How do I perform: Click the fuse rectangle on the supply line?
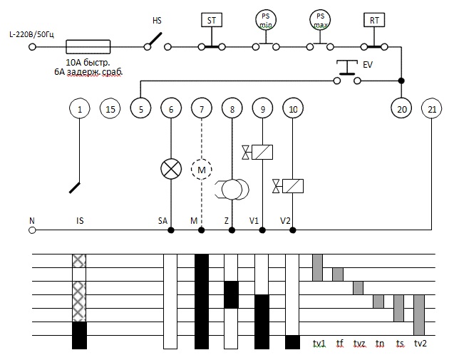(88, 47)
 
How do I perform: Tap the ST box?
(212, 20)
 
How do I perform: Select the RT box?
(374, 20)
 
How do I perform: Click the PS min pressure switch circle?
(266, 20)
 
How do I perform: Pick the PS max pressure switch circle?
(320, 20)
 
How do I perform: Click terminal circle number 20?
(401, 109)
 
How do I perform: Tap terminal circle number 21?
(432, 109)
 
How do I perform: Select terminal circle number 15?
(110, 109)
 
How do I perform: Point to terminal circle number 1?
(80, 109)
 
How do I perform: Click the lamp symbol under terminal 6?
(171, 169)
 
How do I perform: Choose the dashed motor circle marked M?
(202, 169)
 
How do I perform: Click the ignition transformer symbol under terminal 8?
(232, 190)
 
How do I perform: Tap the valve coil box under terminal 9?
(262, 152)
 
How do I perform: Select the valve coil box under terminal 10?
(293, 186)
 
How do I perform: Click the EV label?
(368, 65)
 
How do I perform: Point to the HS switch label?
(157, 21)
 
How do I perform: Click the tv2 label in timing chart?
(420, 344)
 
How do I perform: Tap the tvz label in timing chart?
(359, 344)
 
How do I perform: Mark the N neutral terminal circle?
(32, 230)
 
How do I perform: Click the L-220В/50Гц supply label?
(31, 35)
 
